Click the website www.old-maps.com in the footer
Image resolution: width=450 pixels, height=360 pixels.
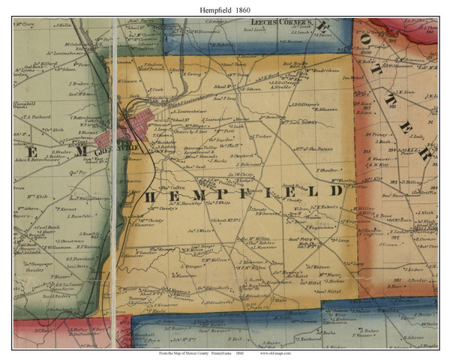tap(283, 352)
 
